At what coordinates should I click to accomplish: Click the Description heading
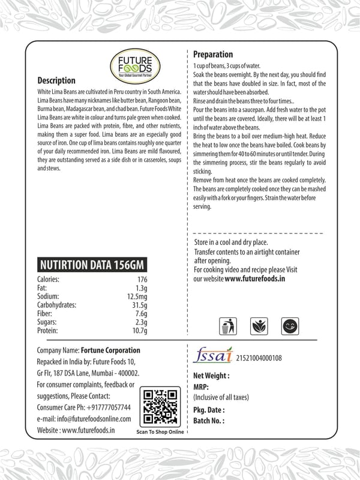click(x=56, y=80)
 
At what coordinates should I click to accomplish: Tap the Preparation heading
click(x=213, y=55)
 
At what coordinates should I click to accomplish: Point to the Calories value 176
click(x=142, y=280)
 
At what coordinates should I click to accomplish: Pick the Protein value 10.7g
click(x=140, y=330)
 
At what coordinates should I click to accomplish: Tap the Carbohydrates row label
click(x=57, y=305)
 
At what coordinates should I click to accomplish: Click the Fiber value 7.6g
click(x=141, y=313)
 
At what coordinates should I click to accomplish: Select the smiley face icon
click(x=290, y=326)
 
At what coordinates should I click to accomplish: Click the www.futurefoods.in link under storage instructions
click(x=254, y=279)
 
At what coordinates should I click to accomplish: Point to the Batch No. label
click(x=209, y=421)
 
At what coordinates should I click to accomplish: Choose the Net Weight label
click(x=211, y=375)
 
